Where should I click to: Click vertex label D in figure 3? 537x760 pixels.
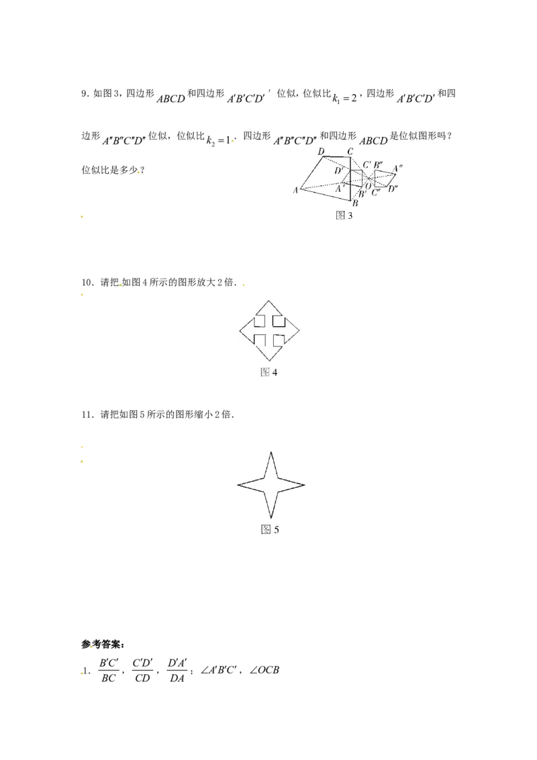point(321,152)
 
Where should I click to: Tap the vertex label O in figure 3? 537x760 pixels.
point(368,186)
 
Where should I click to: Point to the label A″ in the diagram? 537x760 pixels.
point(397,169)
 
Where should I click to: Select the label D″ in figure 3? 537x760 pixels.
point(393,189)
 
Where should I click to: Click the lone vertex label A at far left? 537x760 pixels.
point(295,191)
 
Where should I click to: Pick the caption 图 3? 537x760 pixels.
point(344,216)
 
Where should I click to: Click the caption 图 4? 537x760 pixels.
point(269,372)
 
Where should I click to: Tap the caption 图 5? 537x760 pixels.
point(270,529)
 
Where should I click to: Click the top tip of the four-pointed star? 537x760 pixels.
point(271,453)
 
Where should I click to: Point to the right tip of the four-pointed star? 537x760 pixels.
point(304,484)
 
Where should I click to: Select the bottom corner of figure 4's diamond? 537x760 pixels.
point(269,361)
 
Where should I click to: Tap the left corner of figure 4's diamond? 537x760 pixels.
point(240,331)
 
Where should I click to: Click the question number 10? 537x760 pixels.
point(87,283)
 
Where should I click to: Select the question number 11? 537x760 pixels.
point(87,415)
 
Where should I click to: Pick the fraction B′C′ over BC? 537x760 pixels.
point(109,670)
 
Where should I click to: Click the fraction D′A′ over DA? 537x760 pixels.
point(177,670)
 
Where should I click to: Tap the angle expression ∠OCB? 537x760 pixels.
point(264,670)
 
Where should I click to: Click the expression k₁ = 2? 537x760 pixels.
point(344,98)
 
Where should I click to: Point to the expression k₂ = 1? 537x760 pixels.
point(219,140)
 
